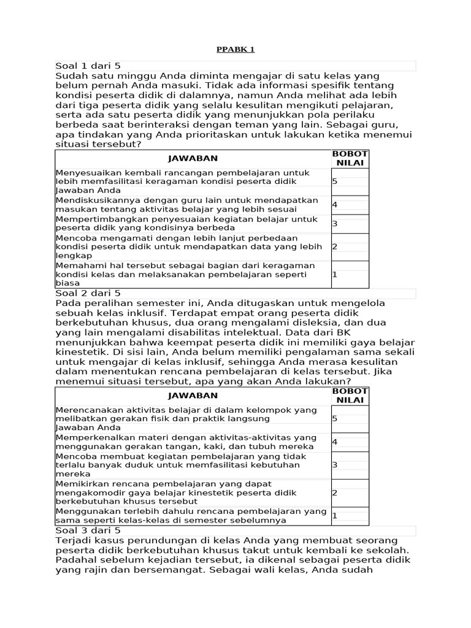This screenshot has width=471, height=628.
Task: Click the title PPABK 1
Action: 235,49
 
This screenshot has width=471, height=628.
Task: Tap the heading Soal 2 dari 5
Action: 88,293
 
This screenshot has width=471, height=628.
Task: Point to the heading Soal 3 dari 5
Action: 88,530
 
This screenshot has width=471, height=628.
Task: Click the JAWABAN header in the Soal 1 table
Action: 193,158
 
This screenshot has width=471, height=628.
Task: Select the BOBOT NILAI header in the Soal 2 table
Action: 350,396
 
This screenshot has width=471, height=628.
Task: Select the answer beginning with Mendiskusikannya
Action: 187,205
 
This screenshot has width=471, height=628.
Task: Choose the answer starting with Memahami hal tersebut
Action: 185,274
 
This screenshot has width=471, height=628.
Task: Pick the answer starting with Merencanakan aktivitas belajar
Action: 186,414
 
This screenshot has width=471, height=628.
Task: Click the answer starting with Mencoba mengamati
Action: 188,247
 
